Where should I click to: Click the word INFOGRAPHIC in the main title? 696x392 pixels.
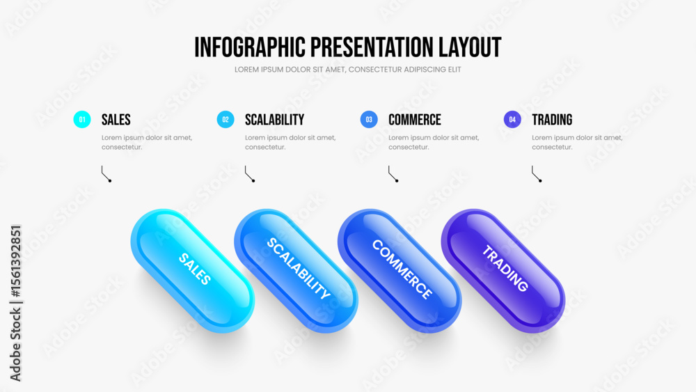tap(250, 47)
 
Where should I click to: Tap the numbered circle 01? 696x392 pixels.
tap(82, 120)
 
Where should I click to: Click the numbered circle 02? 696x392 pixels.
tap(226, 120)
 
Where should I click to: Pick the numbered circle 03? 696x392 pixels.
tap(369, 120)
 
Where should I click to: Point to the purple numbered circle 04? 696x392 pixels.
tap(512, 120)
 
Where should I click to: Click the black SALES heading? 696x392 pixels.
tap(116, 120)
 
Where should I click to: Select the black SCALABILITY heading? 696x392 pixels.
tap(274, 120)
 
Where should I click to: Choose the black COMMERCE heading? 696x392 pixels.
tap(415, 120)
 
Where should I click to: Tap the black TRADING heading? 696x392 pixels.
tap(552, 120)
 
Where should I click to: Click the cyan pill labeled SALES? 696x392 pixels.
tap(193, 271)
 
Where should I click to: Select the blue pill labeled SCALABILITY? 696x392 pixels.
tap(296, 271)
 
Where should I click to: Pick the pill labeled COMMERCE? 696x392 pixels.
tap(400, 271)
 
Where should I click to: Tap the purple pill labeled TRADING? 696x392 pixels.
tap(503, 271)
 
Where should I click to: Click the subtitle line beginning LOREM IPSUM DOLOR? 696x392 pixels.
tap(348, 70)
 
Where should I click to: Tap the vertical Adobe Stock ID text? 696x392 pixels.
tap(15, 303)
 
